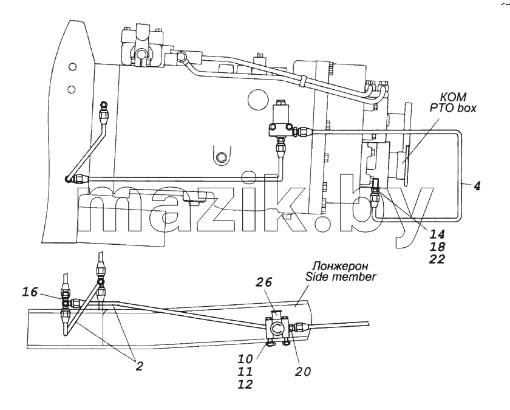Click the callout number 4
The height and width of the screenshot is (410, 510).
477,186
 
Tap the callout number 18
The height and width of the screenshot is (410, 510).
437,247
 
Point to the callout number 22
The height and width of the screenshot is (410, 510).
437,259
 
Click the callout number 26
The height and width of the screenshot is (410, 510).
264,282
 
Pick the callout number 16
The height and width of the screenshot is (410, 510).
30,292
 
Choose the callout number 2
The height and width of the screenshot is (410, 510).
139,366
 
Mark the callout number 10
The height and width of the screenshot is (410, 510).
245,358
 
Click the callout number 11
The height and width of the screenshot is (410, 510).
245,371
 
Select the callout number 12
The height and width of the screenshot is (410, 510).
245,384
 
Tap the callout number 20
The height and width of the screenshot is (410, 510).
303,371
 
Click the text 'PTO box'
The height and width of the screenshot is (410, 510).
453,108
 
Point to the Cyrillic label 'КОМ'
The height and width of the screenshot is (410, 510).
453,97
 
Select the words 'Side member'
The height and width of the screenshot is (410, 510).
340,277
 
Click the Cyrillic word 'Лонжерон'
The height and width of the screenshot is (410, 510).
340,266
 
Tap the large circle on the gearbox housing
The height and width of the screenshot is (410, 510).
257,99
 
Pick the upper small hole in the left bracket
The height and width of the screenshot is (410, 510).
72,67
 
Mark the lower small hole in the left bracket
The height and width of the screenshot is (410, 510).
72,89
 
